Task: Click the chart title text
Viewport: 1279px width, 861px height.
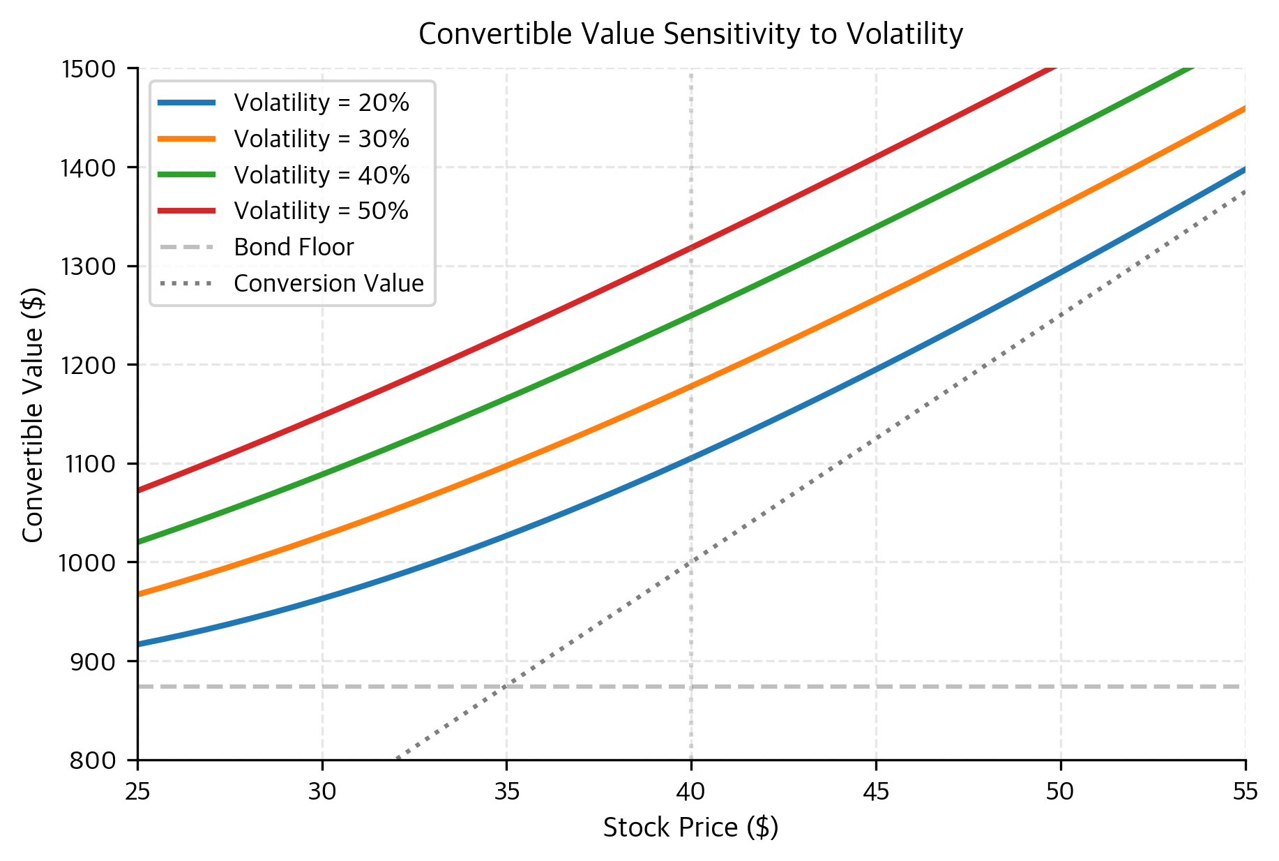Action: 690,33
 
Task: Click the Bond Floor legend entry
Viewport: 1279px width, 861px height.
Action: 294,247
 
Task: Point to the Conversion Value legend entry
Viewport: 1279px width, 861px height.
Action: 328,283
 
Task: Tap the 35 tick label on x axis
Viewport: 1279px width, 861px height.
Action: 506,791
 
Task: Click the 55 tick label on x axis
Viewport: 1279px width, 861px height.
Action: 1245,791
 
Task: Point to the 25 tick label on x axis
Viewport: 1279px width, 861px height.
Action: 138,791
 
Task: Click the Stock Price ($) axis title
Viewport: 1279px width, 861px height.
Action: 690,828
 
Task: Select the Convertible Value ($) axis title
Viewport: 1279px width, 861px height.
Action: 33,414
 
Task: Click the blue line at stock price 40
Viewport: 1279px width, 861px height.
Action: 691,458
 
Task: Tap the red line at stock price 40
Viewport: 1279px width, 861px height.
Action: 691,248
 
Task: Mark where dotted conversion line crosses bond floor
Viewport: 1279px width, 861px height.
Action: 506,687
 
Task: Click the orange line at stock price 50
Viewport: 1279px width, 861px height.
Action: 1061,206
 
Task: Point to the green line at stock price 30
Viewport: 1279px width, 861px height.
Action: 322,474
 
